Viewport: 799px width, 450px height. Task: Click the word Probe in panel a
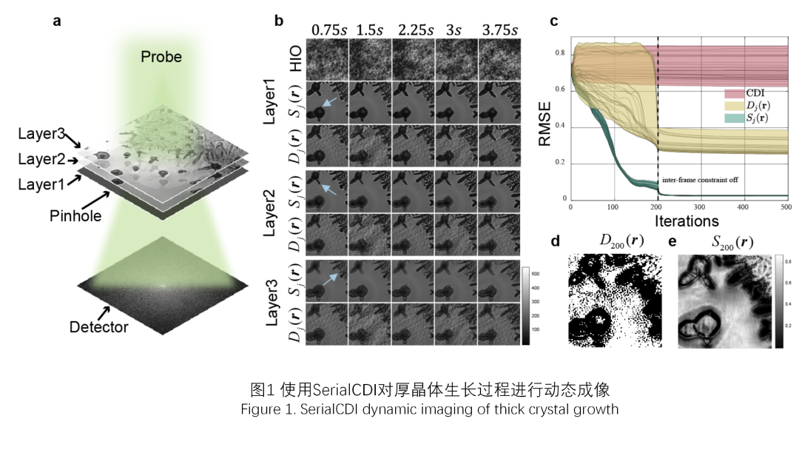tap(161, 57)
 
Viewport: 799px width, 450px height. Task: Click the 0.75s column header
tap(327, 30)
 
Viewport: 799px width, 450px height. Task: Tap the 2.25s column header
tap(414, 30)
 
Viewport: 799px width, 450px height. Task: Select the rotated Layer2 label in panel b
tap(272, 213)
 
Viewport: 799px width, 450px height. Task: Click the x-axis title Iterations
tap(686, 221)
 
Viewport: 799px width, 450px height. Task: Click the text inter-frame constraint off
tap(701, 180)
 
